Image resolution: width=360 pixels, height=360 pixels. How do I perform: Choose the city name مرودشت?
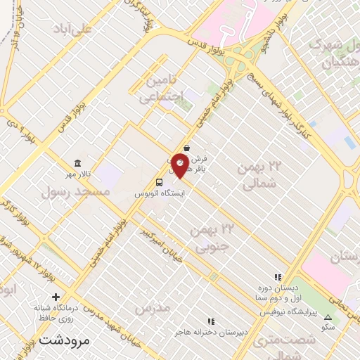(65, 339)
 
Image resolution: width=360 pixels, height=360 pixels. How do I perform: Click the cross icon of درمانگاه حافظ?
(55, 296)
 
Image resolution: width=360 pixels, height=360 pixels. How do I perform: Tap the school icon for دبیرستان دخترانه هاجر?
(210, 320)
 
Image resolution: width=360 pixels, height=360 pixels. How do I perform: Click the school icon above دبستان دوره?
(278, 277)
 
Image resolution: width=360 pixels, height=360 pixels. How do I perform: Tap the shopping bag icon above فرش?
(186, 148)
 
